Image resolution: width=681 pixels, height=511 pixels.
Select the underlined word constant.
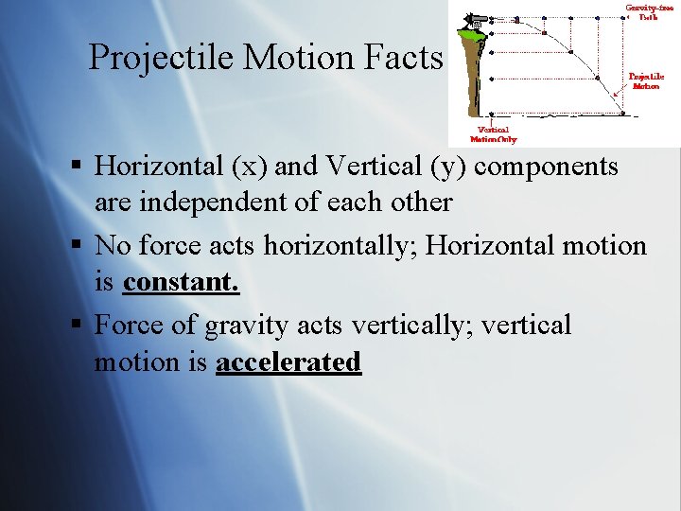click(x=181, y=282)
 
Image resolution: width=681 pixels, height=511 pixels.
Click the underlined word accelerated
click(x=288, y=361)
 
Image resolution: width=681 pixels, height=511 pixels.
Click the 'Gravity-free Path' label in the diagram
click(x=649, y=11)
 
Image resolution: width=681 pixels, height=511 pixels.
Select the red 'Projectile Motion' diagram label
click(x=646, y=80)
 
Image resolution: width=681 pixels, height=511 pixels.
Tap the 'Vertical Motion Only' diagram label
click(x=495, y=134)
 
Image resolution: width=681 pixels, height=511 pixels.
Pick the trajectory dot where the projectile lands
click(x=623, y=113)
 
